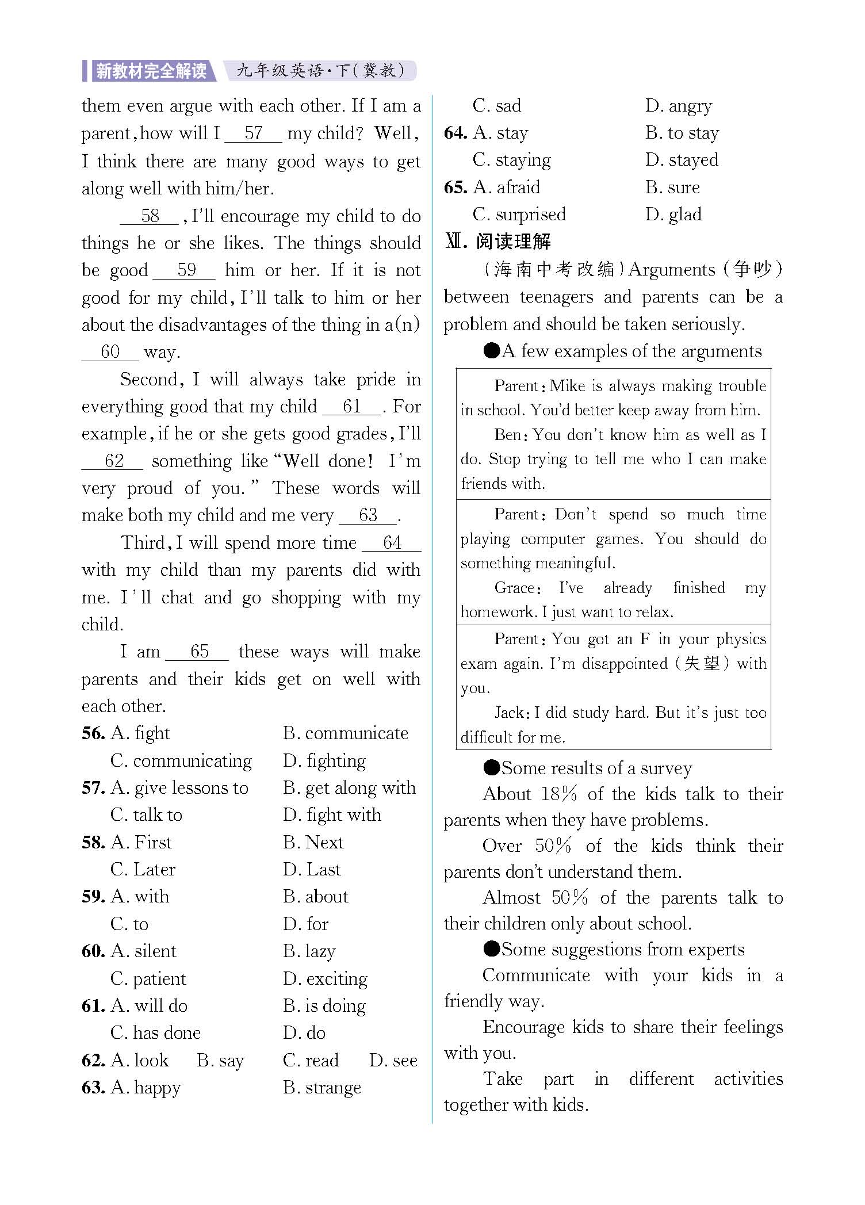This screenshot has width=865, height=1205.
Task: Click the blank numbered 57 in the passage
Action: (253, 133)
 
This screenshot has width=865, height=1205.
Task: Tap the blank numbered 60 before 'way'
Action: (110, 351)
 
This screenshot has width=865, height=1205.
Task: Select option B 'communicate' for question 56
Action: (346, 733)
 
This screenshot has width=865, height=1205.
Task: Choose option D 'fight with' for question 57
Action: (332, 815)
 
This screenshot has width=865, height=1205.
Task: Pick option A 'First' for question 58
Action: (141, 843)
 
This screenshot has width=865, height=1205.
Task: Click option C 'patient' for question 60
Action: (148, 979)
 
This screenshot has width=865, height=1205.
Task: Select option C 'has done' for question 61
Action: (155, 1033)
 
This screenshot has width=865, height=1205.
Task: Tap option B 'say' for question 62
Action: (221, 1061)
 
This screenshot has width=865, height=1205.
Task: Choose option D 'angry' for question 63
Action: (679, 106)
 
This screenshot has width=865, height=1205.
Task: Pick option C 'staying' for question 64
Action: (512, 160)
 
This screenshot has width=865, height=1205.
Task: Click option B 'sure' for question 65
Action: (673, 188)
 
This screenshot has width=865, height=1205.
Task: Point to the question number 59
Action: (93, 897)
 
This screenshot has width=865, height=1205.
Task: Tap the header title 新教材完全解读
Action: (151, 71)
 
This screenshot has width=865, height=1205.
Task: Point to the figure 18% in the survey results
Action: (559, 794)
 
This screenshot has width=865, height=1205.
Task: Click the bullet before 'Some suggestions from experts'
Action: (492, 950)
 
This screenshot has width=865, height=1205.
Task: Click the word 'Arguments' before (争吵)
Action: (672, 269)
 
